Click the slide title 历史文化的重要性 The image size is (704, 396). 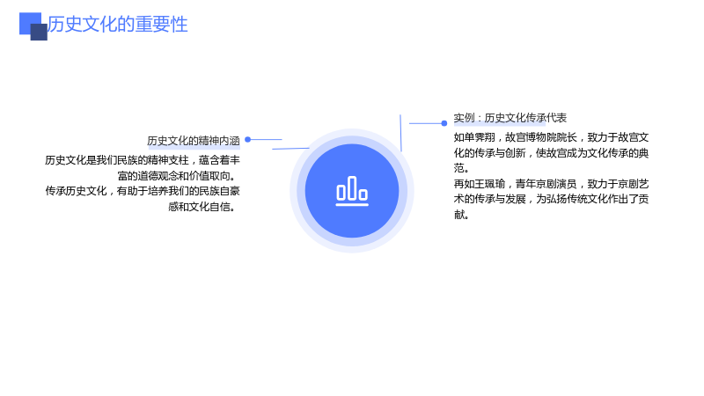[x=118, y=25]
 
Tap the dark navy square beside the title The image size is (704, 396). [x=39, y=32]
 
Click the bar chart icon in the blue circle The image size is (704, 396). [x=352, y=191]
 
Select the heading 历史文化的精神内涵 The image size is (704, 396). [x=194, y=141]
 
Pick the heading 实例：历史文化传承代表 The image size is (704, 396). [x=510, y=118]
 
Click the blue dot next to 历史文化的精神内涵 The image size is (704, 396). [x=247, y=140]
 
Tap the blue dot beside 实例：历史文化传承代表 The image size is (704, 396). [x=444, y=123]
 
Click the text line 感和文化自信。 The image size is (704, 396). [x=202, y=207]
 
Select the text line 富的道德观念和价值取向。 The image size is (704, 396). [x=177, y=175]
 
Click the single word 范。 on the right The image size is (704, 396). [x=461, y=168]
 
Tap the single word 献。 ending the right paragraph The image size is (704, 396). [x=461, y=215]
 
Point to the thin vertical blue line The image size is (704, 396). [x=400, y=133]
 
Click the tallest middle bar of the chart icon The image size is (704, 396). [x=352, y=187]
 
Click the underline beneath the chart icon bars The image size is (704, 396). [x=352, y=205]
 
